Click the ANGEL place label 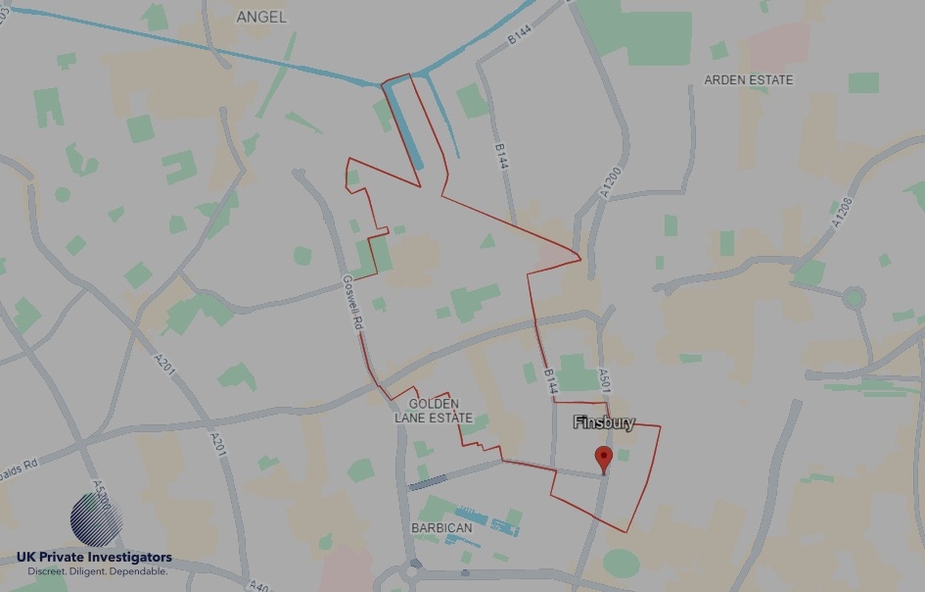261,17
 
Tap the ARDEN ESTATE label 749,79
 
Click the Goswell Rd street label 353,300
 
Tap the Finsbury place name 604,423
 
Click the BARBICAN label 440,527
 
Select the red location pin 604,459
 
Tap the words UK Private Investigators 94,558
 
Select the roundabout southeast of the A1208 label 854,296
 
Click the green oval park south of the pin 620,563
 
